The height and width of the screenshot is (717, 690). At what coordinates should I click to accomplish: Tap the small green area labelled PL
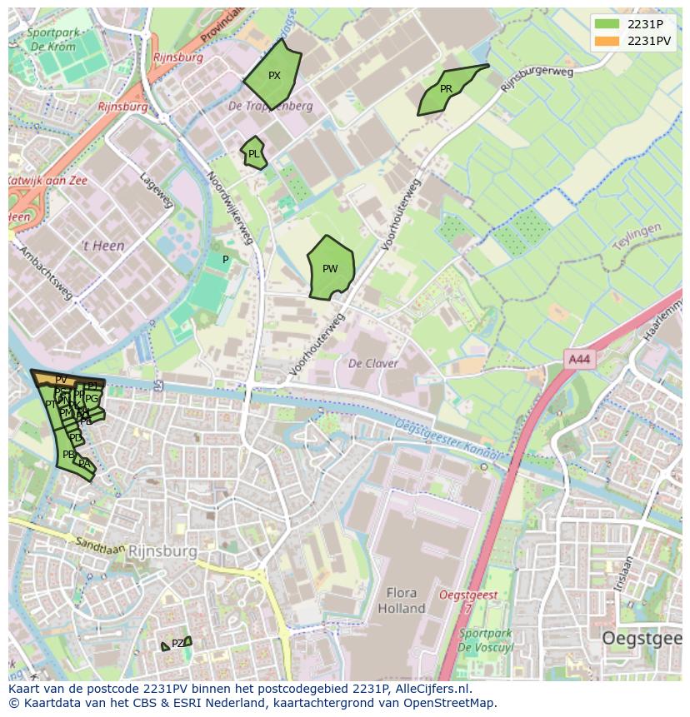(x=254, y=154)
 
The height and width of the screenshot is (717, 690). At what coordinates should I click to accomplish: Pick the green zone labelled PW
(x=331, y=268)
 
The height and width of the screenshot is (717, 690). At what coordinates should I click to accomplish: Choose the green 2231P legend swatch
(x=607, y=24)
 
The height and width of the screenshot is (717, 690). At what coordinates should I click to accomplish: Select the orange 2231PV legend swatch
(x=607, y=41)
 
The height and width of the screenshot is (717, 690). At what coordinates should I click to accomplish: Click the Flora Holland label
(x=402, y=600)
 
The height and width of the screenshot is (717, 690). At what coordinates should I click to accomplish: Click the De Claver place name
(x=372, y=363)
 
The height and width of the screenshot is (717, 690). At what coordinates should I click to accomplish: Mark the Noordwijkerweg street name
(x=231, y=208)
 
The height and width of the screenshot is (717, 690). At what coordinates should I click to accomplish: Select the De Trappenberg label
(x=271, y=106)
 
